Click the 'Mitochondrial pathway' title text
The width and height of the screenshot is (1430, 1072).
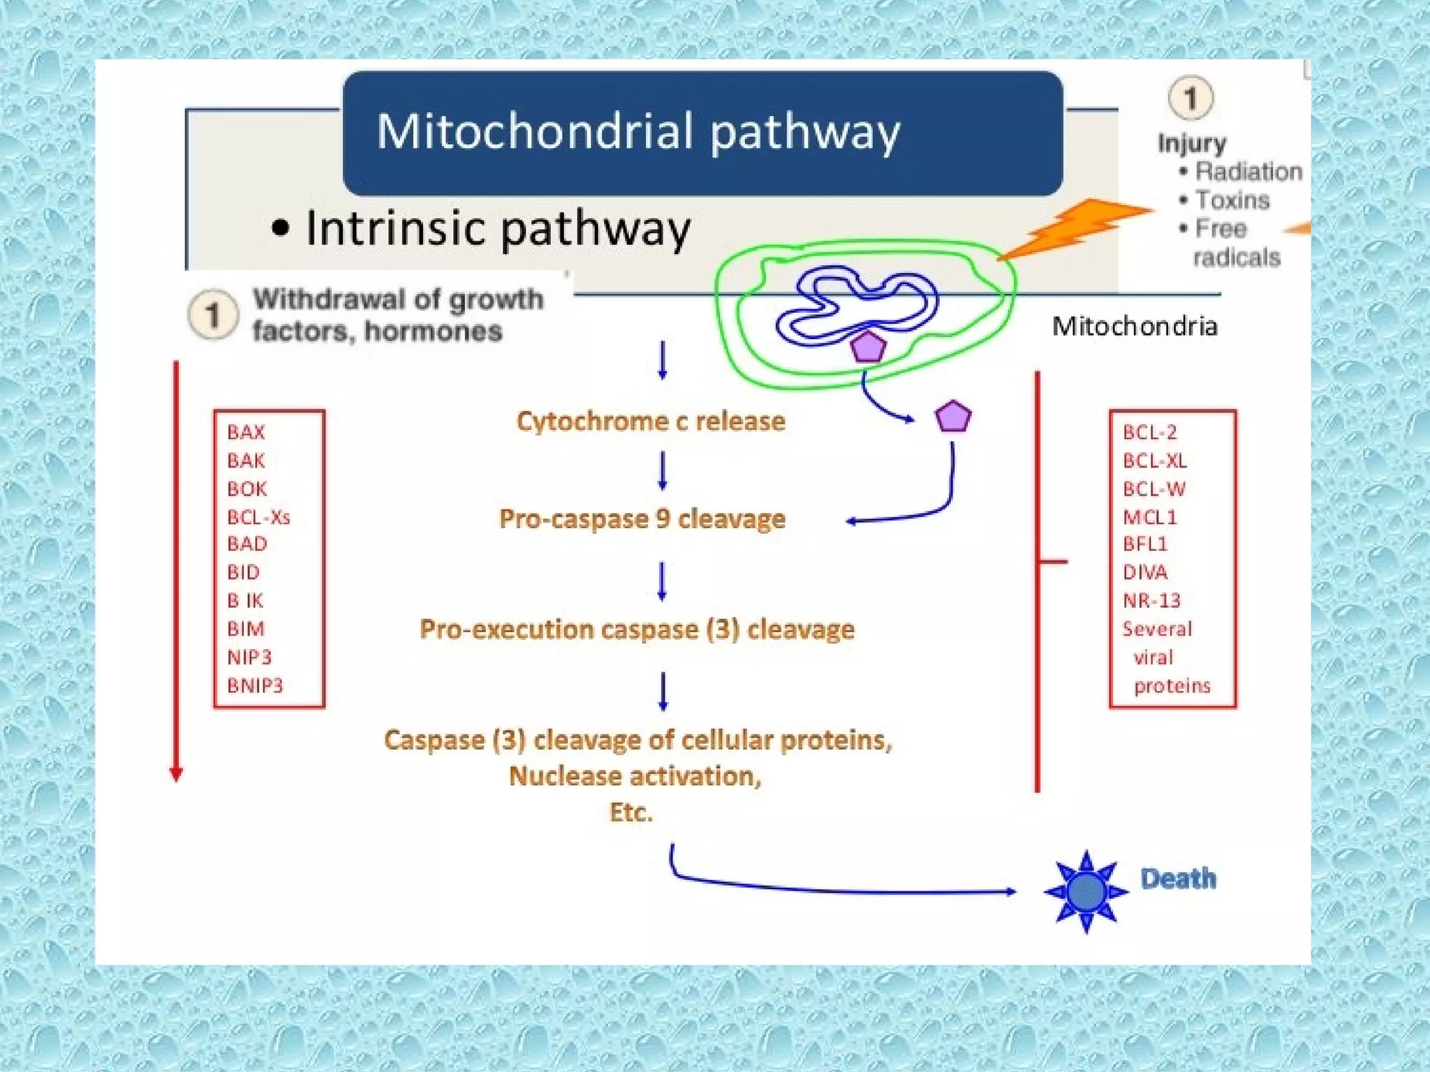(x=638, y=131)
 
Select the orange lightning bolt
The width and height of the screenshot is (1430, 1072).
(x=1075, y=227)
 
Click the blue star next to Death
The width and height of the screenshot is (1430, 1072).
(x=1086, y=891)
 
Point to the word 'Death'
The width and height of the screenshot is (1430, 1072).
(x=1178, y=879)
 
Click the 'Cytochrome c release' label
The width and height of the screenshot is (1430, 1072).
(x=650, y=421)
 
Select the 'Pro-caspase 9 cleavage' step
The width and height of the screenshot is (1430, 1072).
(x=642, y=519)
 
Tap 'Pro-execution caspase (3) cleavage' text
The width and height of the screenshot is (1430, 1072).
(x=637, y=629)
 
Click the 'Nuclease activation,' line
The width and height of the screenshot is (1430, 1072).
(x=635, y=775)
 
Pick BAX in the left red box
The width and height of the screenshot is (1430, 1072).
(x=246, y=432)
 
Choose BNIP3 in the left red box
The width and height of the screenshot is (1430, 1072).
(x=255, y=685)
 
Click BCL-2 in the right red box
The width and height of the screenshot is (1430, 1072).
(x=1149, y=432)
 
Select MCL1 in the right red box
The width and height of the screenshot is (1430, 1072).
(x=1149, y=517)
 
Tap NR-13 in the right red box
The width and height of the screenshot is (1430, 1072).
(x=1151, y=600)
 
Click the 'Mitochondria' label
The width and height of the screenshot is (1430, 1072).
(x=1134, y=326)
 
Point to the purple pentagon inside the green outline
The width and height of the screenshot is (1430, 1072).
(x=868, y=348)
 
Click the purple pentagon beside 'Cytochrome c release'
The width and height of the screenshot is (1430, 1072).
(x=952, y=417)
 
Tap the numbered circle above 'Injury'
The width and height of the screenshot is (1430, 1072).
(x=1191, y=98)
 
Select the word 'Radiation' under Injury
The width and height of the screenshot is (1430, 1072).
(x=1248, y=171)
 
